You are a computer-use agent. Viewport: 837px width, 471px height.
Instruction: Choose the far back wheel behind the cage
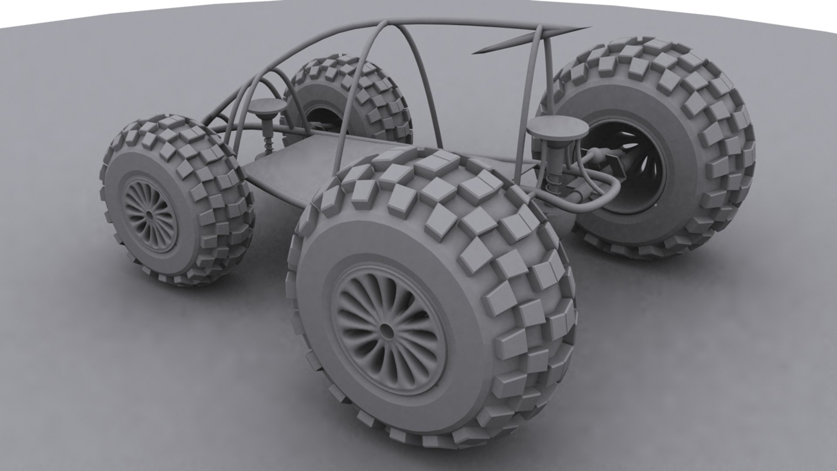(349, 100)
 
